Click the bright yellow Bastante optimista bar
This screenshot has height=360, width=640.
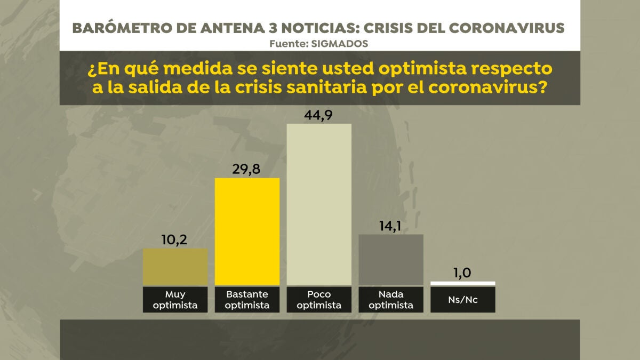pyautogui.click(x=247, y=231)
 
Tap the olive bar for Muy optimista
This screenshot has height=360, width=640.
pyautogui.click(x=175, y=267)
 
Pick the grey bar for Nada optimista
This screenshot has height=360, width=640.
pyautogui.click(x=391, y=260)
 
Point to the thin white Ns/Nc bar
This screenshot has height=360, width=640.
pyautogui.click(x=463, y=283)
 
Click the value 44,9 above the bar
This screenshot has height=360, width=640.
pyautogui.click(x=319, y=115)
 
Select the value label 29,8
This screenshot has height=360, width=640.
pyautogui.click(x=247, y=169)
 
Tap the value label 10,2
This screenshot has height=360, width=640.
pyautogui.click(x=175, y=239)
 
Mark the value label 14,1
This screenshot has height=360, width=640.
pyautogui.click(x=391, y=226)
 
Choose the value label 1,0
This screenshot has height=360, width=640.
pyautogui.click(x=463, y=273)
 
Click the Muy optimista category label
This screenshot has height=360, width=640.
pyautogui.click(x=175, y=300)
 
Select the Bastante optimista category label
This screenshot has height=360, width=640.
pyautogui.click(x=247, y=300)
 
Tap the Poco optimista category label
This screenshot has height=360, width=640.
pyautogui.click(x=319, y=300)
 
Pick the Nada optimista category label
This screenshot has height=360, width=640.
pyautogui.click(x=391, y=300)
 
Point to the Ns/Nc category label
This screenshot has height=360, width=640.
pyautogui.click(x=463, y=300)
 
